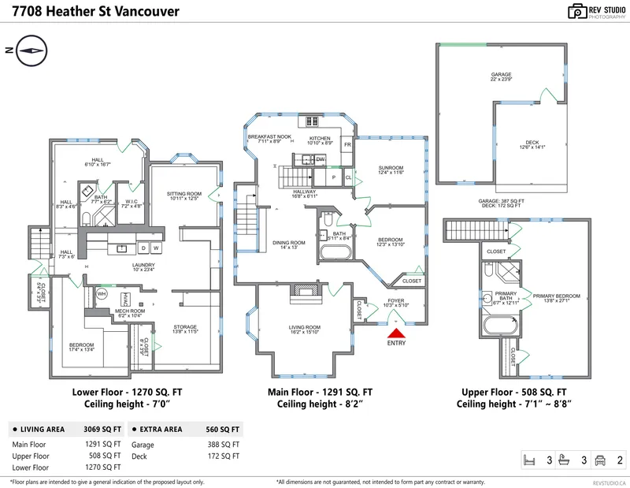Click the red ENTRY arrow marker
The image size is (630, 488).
[395, 334]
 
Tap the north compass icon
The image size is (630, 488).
[31, 50]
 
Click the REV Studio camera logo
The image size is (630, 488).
[578, 11]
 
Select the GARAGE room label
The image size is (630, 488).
[502, 76]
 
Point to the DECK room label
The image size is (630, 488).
[532, 145]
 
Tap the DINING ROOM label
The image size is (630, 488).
[289, 245]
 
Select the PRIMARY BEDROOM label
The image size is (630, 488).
[556, 297]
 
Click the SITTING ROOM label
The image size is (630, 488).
[184, 196]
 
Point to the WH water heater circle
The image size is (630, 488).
[101, 293]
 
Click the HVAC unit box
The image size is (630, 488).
[125, 299]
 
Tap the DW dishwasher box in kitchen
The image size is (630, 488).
[321, 159]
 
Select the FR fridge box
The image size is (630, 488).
[347, 145]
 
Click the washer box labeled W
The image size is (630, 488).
[156, 248]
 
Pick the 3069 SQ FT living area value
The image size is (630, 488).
[102, 430]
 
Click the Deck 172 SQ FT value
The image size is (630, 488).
[225, 456]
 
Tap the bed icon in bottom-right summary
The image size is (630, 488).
[532, 460]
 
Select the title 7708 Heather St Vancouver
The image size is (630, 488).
[90, 12]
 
